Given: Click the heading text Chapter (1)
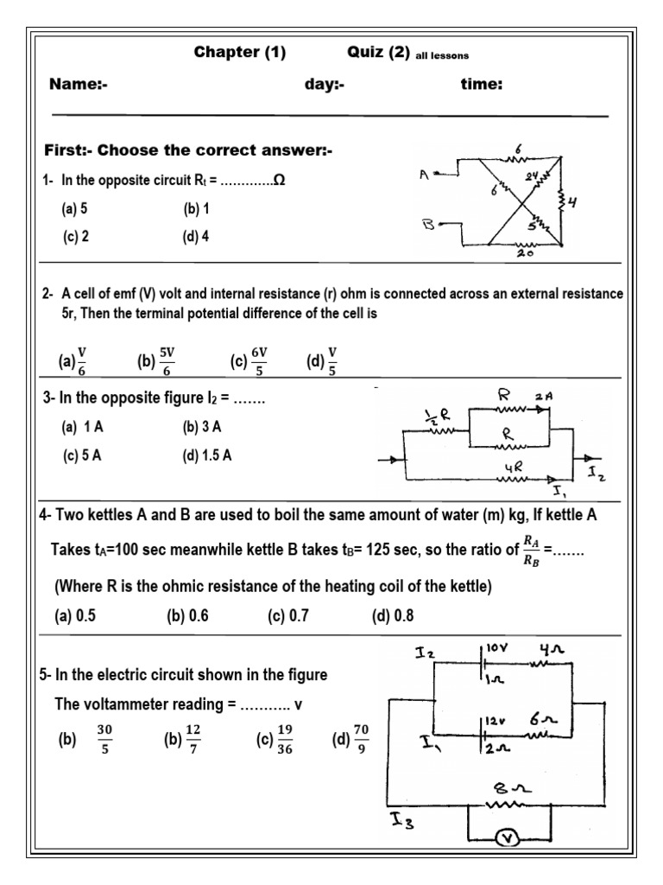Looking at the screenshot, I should click(239, 53).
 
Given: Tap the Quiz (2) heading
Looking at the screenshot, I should click(377, 53).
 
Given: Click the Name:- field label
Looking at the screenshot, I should click(78, 85).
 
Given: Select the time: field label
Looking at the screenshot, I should click(482, 85).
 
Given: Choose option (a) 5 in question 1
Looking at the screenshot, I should click(75, 208).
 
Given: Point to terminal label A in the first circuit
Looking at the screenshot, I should click(423, 175).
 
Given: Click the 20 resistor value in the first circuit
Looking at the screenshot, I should click(524, 255).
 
